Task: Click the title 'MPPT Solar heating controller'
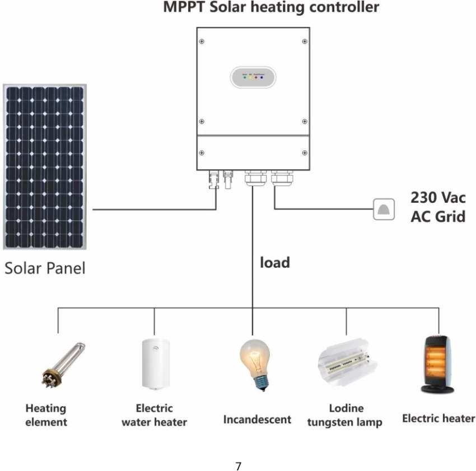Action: [x=271, y=8]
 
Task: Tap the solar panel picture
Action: [x=44, y=167]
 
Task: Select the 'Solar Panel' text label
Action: [x=45, y=268]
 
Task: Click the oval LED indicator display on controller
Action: [x=253, y=77]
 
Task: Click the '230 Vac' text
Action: [x=438, y=198]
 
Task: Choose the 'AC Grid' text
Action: [x=438, y=217]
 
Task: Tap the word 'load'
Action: [x=274, y=262]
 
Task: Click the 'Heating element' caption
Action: [x=46, y=415]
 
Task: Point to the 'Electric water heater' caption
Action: [x=154, y=415]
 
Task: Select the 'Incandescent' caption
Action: [x=257, y=419]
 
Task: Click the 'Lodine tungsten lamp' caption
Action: [x=345, y=415]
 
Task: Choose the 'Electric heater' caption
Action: [x=438, y=418]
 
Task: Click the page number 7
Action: [x=239, y=466]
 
